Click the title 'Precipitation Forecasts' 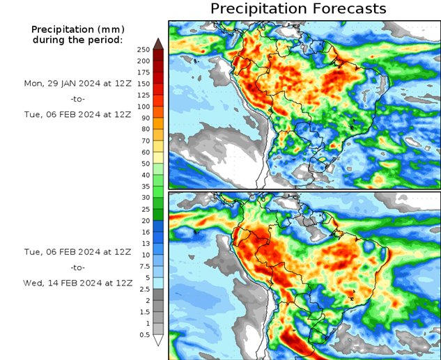[297, 8]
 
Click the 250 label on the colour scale [144, 49]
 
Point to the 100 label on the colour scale [144, 107]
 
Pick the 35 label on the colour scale [144, 187]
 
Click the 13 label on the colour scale [144, 244]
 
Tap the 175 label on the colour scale [144, 72]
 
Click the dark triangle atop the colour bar [158, 43]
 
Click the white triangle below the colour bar [158, 341]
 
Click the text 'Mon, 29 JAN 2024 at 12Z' [77, 83]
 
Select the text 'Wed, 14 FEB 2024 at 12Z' [77, 283]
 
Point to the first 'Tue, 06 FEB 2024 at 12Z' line [77, 115]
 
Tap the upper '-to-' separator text [77, 99]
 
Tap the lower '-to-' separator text [77, 267]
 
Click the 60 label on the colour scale [144, 152]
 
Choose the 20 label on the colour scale [144, 221]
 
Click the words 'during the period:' [77, 40]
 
